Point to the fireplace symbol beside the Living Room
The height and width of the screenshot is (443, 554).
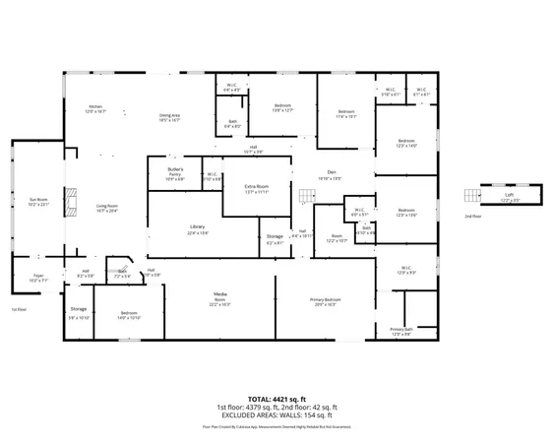pyautogui.click(x=69, y=202)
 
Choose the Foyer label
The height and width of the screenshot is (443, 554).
pyautogui.click(x=38, y=279)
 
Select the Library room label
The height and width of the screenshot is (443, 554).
pyautogui.click(x=197, y=229)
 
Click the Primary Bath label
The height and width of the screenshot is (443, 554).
pyautogui.click(x=400, y=331)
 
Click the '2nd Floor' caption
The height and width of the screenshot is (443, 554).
pyautogui.click(x=473, y=216)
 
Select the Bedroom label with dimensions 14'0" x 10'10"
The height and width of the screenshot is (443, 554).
pyautogui.click(x=129, y=316)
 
